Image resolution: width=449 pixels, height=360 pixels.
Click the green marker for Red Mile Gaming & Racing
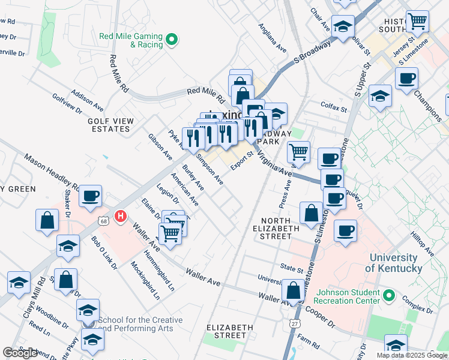[172, 40]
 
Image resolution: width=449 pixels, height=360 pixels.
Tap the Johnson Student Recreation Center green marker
[388, 296]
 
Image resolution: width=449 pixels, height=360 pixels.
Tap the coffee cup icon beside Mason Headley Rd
[91, 196]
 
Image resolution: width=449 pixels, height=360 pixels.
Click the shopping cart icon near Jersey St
[417, 22]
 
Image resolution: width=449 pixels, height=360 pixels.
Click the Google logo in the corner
[20, 353]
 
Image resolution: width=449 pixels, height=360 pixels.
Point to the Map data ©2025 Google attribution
[411, 355]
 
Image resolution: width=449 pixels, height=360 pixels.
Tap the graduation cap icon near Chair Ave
[343, 26]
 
